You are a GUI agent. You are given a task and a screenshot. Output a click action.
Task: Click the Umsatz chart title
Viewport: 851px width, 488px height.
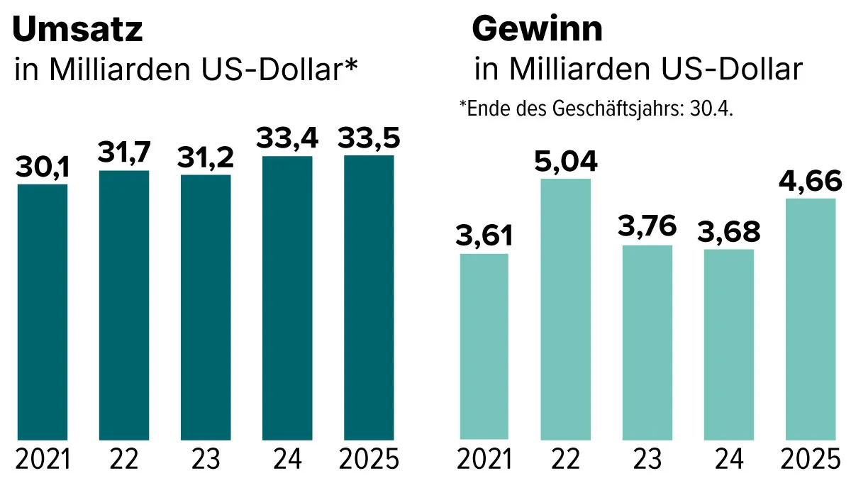coord(78,30)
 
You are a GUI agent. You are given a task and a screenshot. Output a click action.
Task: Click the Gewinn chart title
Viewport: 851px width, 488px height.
coord(537,30)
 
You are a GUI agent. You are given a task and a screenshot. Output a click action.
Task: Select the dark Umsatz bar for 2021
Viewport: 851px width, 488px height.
coord(43,312)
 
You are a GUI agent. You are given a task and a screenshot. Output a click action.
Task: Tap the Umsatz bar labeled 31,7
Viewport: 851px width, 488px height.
coord(124,305)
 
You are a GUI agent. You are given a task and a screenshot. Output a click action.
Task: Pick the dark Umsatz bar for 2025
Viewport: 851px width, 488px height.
coord(369,298)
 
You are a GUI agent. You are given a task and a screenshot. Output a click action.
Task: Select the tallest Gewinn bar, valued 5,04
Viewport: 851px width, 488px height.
coord(566,309)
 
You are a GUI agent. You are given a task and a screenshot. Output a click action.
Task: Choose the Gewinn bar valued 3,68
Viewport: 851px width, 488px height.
coord(729,344)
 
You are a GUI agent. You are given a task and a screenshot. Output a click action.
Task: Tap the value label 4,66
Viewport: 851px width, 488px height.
coord(811,182)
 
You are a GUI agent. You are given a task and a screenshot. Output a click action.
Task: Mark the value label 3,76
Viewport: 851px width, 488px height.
coord(647,228)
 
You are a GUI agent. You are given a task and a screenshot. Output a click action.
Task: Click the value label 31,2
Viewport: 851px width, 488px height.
coord(206,158)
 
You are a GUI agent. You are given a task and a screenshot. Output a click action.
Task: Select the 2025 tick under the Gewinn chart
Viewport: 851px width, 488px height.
coord(811,461)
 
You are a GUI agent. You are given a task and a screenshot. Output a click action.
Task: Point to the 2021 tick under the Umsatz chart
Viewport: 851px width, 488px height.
coord(43,461)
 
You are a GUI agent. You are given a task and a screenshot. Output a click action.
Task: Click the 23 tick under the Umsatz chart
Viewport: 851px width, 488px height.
coord(206,461)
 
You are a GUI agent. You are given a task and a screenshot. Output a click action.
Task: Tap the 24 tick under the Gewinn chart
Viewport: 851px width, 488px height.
coord(729,461)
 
